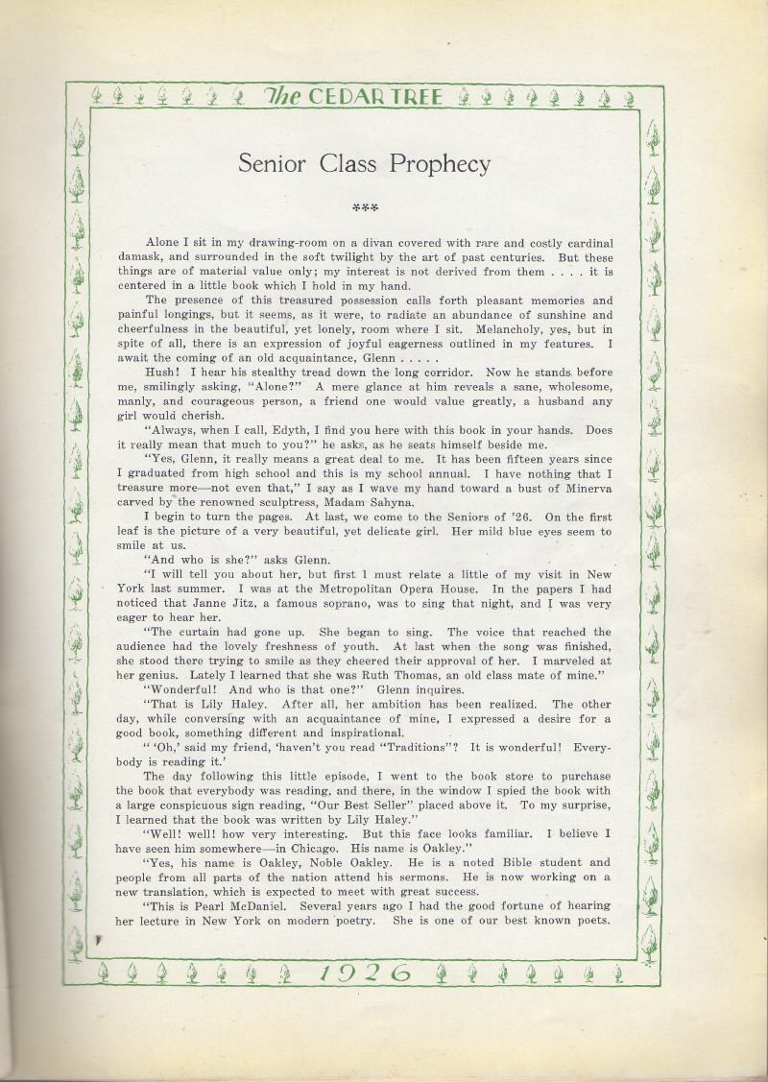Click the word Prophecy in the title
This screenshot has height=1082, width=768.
440,164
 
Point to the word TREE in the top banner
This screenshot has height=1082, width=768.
416,96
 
